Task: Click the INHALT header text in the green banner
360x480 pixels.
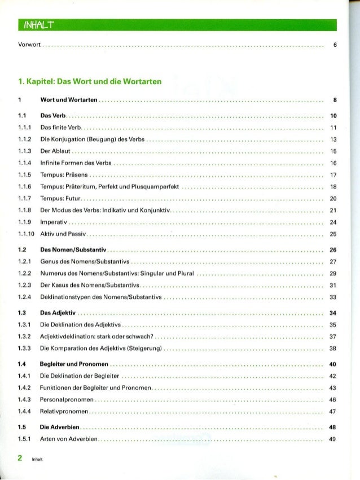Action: pos(38,25)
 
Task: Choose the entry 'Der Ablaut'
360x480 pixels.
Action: pos(56,151)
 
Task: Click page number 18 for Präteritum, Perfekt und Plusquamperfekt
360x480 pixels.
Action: pos(333,186)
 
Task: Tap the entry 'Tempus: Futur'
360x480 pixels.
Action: pos(62,199)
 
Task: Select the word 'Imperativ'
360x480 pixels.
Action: pos(54,222)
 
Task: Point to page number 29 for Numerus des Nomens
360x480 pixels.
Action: pos(333,273)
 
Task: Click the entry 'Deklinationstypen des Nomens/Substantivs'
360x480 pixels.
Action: pos(102,297)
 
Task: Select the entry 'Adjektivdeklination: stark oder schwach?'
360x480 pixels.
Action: pos(98,337)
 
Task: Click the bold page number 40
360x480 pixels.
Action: pos(333,364)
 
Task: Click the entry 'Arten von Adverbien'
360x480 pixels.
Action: pos(69,439)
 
